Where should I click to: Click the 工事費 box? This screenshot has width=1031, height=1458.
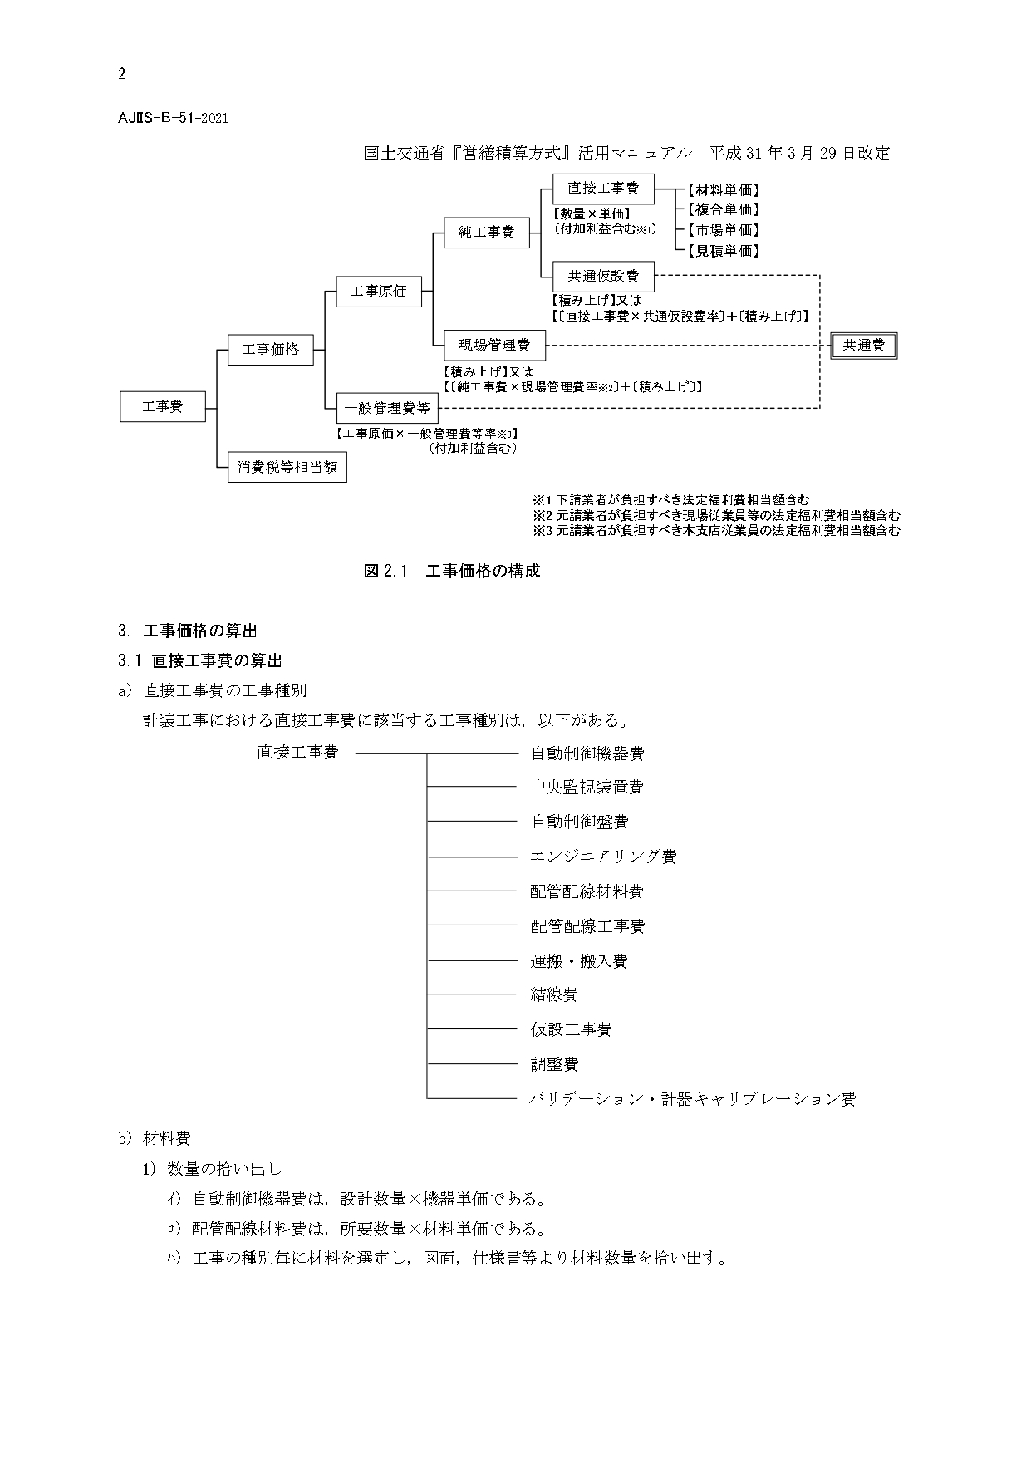click(x=163, y=407)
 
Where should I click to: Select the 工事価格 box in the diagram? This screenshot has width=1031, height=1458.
click(x=270, y=349)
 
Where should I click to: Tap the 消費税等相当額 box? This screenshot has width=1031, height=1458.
click(x=287, y=467)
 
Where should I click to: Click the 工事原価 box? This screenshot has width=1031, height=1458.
click(x=379, y=291)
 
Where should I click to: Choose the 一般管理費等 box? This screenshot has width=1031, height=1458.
click(x=387, y=408)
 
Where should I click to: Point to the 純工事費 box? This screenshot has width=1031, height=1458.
click(x=486, y=233)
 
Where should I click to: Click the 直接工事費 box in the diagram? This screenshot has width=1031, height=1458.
click(x=603, y=189)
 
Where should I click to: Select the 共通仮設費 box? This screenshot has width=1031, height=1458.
click(x=603, y=276)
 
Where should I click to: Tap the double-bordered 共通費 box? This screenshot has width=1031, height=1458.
click(x=864, y=345)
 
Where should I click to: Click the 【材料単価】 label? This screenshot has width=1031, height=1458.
click(x=723, y=190)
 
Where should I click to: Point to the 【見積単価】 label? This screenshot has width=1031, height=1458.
click(x=723, y=250)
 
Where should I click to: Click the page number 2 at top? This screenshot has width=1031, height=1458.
click(x=122, y=74)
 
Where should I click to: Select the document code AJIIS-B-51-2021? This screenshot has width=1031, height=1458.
click(x=173, y=117)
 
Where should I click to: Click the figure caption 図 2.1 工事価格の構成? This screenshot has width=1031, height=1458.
click(x=452, y=572)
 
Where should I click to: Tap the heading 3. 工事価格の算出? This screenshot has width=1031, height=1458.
click(x=187, y=631)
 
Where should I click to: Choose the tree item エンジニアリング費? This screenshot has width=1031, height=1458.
click(x=603, y=856)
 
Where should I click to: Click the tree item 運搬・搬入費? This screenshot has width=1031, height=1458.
click(x=579, y=960)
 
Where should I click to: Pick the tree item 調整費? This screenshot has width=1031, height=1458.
click(x=554, y=1063)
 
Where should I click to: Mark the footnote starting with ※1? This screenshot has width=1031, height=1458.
click(x=670, y=500)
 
